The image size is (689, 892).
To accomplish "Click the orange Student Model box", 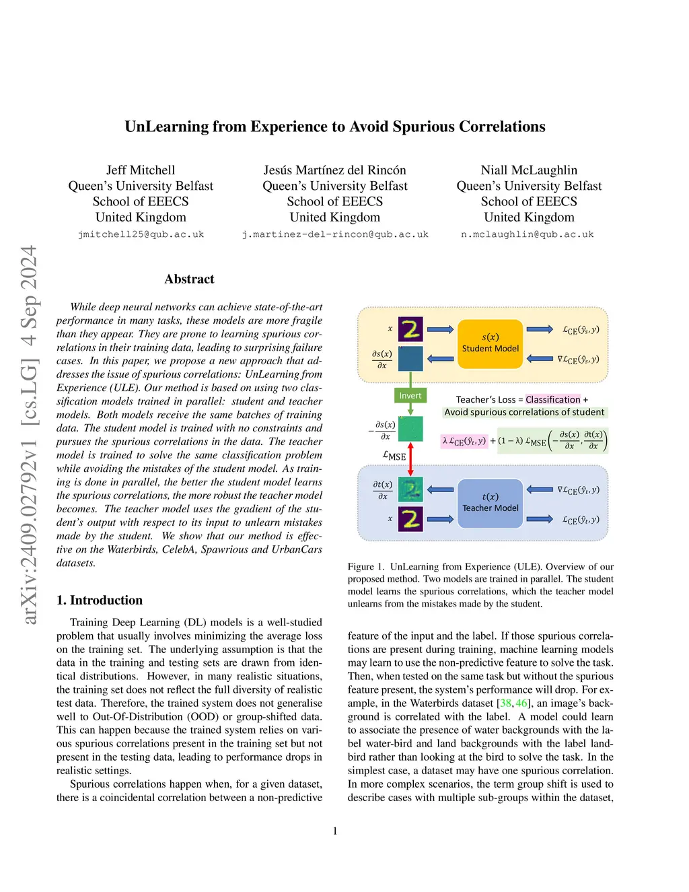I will (x=490, y=343).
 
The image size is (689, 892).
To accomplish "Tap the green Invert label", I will (x=410, y=396).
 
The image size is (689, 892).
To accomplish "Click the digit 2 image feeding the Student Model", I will (x=410, y=329).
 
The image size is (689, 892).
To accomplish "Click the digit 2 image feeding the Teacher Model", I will (x=410, y=519).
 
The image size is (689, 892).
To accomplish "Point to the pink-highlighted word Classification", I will (x=552, y=399).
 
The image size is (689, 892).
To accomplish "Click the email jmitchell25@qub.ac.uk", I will (x=141, y=234).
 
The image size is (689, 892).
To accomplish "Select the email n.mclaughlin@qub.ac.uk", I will (x=528, y=234).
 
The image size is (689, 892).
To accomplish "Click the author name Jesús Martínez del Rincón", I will (x=334, y=170).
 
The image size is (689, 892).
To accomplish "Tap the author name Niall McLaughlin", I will (x=529, y=170).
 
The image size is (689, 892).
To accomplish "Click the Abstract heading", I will (x=189, y=279).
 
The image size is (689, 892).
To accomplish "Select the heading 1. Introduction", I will (x=100, y=600).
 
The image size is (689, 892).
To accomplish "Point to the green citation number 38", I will (x=505, y=703).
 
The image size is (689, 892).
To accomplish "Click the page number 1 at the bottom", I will (x=335, y=831).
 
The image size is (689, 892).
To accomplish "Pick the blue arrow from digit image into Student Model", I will (x=440, y=329).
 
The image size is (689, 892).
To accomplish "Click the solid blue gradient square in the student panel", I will (x=410, y=359).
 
